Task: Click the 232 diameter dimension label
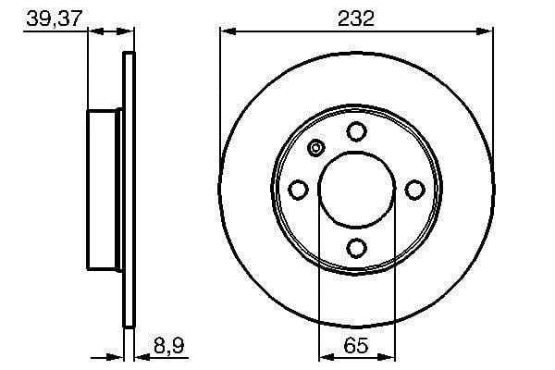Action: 356,18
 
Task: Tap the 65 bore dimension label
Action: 356,345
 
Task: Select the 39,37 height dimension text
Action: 55,18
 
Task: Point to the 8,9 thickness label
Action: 169,345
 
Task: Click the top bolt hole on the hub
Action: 356,131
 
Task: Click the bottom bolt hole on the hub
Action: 356,248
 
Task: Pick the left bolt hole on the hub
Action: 298,190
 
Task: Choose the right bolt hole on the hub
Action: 414,190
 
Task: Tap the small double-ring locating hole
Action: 316,148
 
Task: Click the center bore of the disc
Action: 357,190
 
